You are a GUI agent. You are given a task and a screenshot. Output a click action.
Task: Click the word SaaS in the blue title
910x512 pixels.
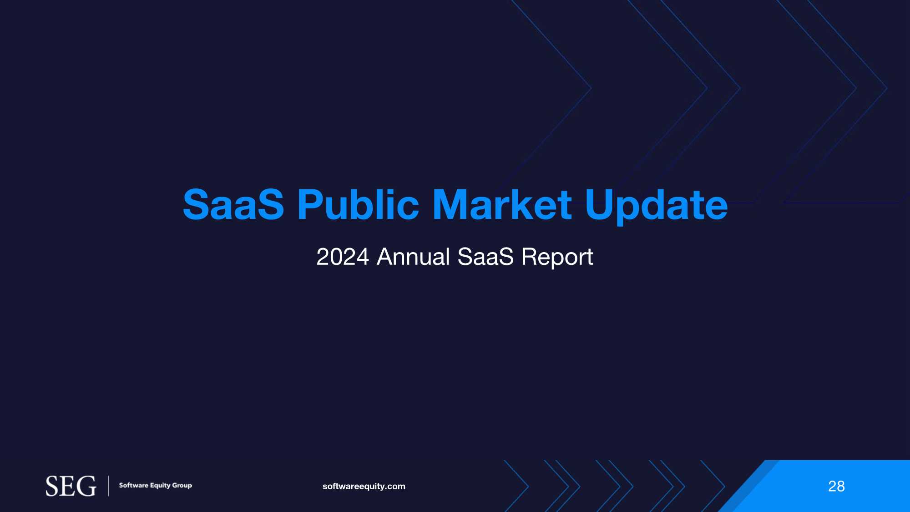click(x=233, y=204)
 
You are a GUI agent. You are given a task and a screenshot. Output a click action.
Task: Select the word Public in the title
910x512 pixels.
click(x=358, y=204)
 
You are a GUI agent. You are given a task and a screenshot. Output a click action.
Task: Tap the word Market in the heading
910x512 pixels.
click(x=502, y=204)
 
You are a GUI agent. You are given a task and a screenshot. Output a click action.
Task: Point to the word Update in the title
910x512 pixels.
click(x=656, y=206)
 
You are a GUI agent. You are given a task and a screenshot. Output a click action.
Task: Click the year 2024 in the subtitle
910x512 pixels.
click(x=343, y=257)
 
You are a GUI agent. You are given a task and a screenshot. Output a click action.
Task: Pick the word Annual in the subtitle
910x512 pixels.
click(x=414, y=257)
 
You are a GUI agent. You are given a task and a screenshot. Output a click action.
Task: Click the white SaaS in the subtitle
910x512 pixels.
click(x=485, y=257)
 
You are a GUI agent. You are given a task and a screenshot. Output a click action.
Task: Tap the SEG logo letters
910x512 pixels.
click(x=71, y=486)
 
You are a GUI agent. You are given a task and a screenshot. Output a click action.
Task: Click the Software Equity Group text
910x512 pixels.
click(x=156, y=486)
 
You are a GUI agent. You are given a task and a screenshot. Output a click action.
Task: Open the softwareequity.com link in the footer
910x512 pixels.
click(x=364, y=487)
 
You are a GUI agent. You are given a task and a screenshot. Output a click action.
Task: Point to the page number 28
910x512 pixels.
click(x=836, y=487)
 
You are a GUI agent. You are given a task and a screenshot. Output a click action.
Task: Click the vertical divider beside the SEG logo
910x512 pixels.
click(x=108, y=486)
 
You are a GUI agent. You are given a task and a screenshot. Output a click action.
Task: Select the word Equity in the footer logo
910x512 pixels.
click(x=160, y=486)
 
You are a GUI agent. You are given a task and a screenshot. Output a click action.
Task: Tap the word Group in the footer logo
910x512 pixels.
click(x=182, y=486)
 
